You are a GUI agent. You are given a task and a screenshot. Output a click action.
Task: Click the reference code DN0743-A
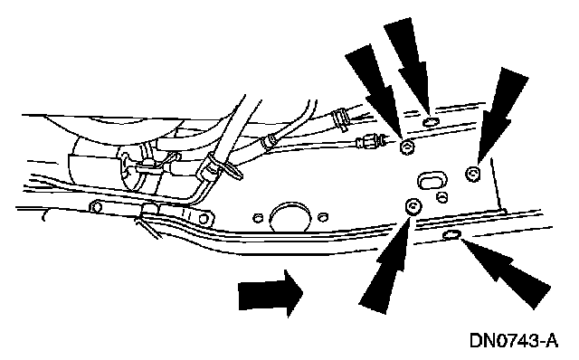click(x=514, y=340)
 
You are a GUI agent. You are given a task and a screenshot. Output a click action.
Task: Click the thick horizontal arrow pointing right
click(x=271, y=294)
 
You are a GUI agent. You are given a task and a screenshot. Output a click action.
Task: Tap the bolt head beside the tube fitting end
click(x=407, y=147)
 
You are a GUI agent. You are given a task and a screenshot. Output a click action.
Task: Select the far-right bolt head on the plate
click(x=472, y=174)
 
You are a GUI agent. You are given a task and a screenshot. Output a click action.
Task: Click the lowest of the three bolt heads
click(x=413, y=206)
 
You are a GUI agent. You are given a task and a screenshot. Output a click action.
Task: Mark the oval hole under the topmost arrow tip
click(x=431, y=121)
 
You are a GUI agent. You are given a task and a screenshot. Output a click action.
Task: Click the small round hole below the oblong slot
click(x=442, y=197)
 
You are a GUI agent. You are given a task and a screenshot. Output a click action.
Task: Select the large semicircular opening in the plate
click(x=290, y=217)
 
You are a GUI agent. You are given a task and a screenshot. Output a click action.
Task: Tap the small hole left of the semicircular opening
click(x=258, y=218)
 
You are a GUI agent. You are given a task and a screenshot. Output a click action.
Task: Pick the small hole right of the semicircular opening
click(x=323, y=217)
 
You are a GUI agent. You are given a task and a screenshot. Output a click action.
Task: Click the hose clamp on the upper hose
click(x=340, y=118)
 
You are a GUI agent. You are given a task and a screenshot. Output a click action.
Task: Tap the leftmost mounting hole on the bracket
click(x=97, y=207)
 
